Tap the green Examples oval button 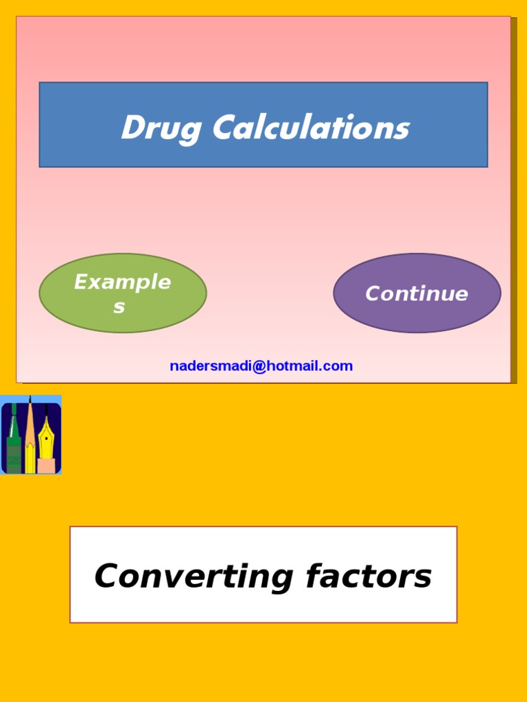click(x=123, y=293)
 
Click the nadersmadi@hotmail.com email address click(x=261, y=366)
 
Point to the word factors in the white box click(x=368, y=577)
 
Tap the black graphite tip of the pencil click(x=30, y=400)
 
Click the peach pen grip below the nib click(x=47, y=466)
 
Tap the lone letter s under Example click(x=119, y=307)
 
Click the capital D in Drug click(x=130, y=128)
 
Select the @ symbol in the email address click(x=258, y=366)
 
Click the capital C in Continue click(x=373, y=294)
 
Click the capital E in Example click(x=81, y=282)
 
